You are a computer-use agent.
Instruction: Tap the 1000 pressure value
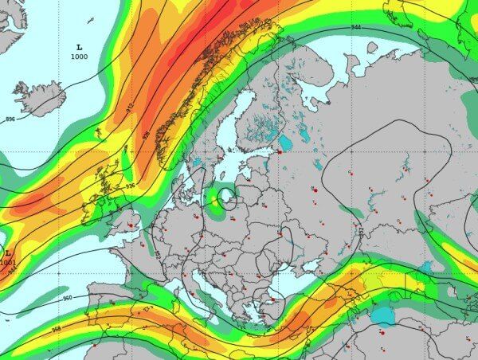[79, 57]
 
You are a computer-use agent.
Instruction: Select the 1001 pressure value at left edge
[7, 262]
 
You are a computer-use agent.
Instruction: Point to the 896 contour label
[10, 119]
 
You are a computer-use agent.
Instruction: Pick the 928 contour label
[146, 135]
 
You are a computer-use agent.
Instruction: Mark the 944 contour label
[355, 28]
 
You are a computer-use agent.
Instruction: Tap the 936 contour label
[130, 186]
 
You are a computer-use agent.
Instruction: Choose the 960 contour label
[67, 298]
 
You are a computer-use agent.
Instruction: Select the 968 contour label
[56, 328]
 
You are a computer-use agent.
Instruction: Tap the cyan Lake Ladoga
[284, 143]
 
